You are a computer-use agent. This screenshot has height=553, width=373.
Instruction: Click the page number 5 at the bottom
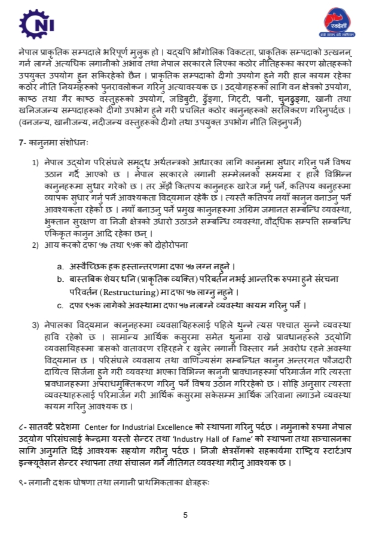185,514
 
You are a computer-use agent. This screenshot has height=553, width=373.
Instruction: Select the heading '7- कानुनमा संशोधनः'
54,144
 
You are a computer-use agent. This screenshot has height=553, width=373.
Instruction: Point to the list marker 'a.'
60,266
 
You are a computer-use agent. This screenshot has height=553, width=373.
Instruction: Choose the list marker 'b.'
60,279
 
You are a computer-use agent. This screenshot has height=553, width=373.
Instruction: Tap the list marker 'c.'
60,306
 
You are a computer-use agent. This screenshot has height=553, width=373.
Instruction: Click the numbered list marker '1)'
35,163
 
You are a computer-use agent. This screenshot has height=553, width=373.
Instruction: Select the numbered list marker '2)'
35,244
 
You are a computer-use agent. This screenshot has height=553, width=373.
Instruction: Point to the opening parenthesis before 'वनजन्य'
20,123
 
